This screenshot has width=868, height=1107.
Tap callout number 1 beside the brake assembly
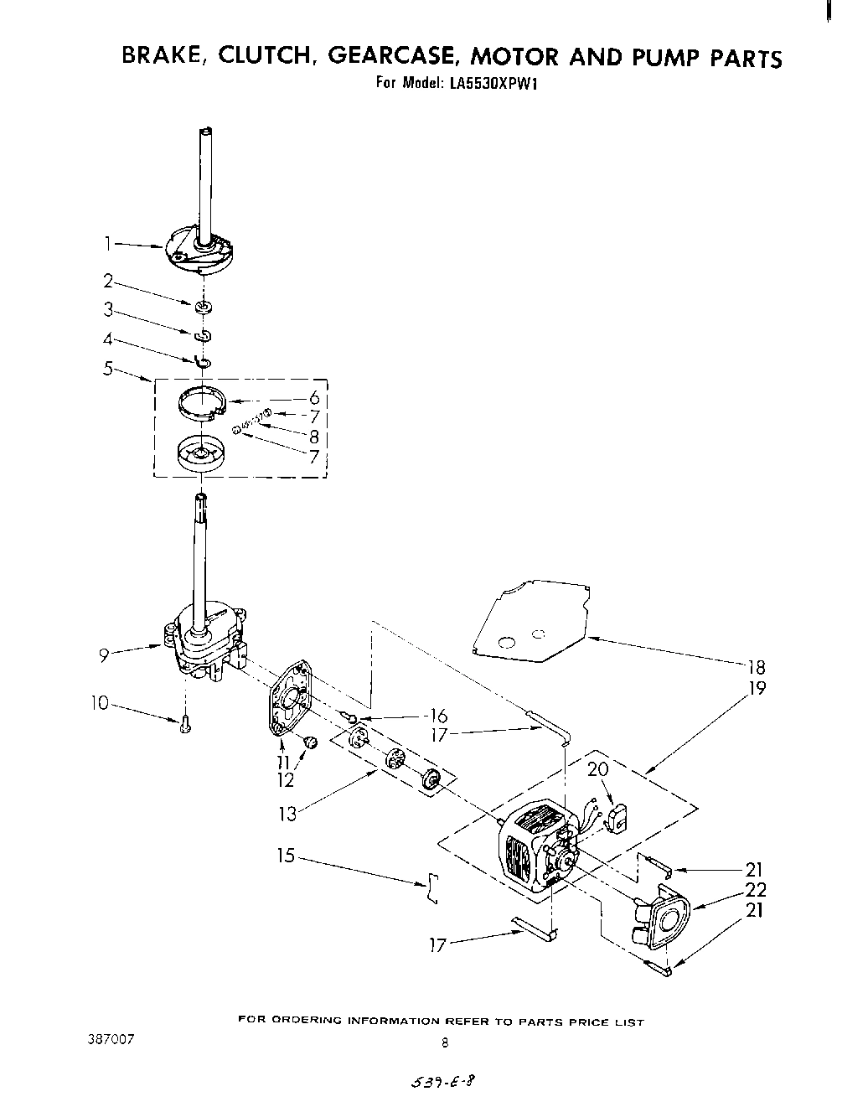click(107, 243)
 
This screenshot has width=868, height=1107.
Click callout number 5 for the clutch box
click(107, 367)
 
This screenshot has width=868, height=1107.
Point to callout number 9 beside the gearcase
click(104, 654)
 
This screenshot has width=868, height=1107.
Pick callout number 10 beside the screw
click(100, 703)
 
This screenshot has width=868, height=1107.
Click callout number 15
click(287, 856)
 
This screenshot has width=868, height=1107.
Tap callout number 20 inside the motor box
click(597, 768)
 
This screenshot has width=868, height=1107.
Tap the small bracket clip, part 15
click(431, 887)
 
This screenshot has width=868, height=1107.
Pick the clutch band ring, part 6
click(202, 400)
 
